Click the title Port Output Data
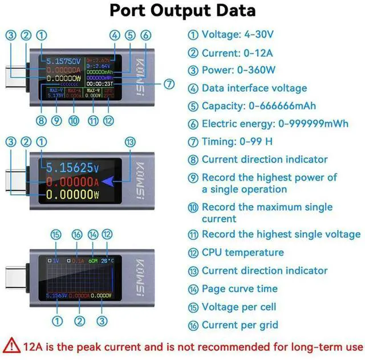(182, 10)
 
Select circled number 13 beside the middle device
(131, 142)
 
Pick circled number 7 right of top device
(169, 84)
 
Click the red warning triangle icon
(11, 345)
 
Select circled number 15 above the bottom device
(55, 235)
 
